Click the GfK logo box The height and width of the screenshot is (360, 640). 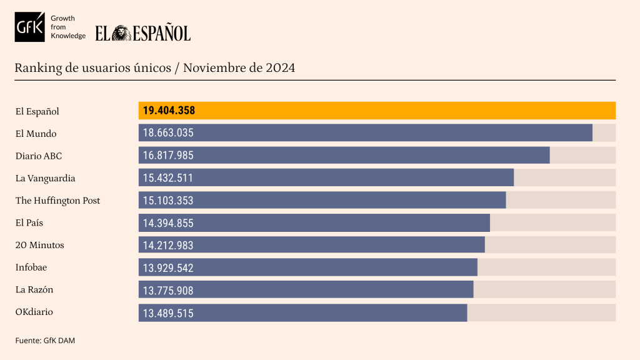[30, 27]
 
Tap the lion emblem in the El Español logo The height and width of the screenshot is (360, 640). [122, 33]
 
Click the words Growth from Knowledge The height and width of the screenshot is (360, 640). [67, 27]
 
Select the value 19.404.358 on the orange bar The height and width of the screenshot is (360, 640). [169, 111]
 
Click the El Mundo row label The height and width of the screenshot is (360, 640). [36, 133]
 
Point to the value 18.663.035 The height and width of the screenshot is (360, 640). [168, 133]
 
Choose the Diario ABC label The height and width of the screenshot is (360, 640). [39, 156]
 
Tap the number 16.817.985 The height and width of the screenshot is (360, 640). [168, 156]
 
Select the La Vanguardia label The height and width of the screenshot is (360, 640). [45, 178]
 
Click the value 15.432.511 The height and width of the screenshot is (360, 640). [167, 178]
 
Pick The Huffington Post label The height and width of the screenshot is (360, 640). [57, 201]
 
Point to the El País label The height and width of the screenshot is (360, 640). [29, 222]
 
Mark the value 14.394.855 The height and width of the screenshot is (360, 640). [168, 223]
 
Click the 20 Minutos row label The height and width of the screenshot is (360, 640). [39, 245]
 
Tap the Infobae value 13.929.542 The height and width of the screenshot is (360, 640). [168, 268]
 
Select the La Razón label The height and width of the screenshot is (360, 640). [34, 289]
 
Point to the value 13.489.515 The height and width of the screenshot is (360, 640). [168, 313]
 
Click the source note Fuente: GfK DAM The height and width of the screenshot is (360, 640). [45, 340]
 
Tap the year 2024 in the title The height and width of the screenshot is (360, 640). [280, 67]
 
